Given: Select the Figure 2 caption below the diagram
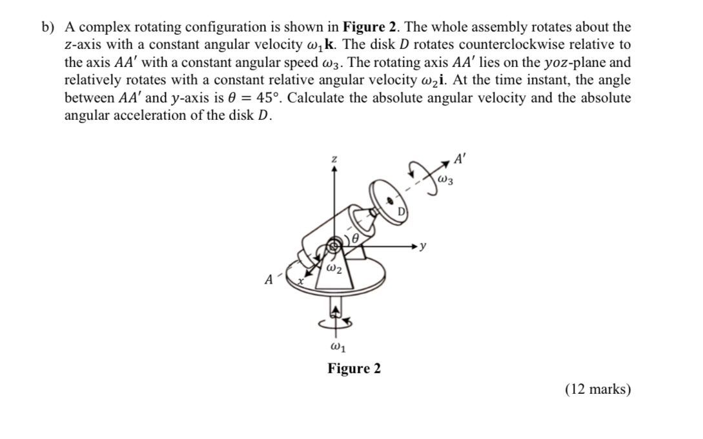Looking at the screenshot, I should click(x=354, y=369).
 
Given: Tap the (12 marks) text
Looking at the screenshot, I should click(x=598, y=389).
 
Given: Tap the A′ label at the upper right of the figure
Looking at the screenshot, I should click(x=460, y=157).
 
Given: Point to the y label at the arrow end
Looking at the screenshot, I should click(x=423, y=246).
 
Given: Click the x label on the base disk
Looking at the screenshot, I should click(x=301, y=282).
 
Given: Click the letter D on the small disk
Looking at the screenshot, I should click(x=401, y=212).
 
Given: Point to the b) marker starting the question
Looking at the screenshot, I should click(x=48, y=28).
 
